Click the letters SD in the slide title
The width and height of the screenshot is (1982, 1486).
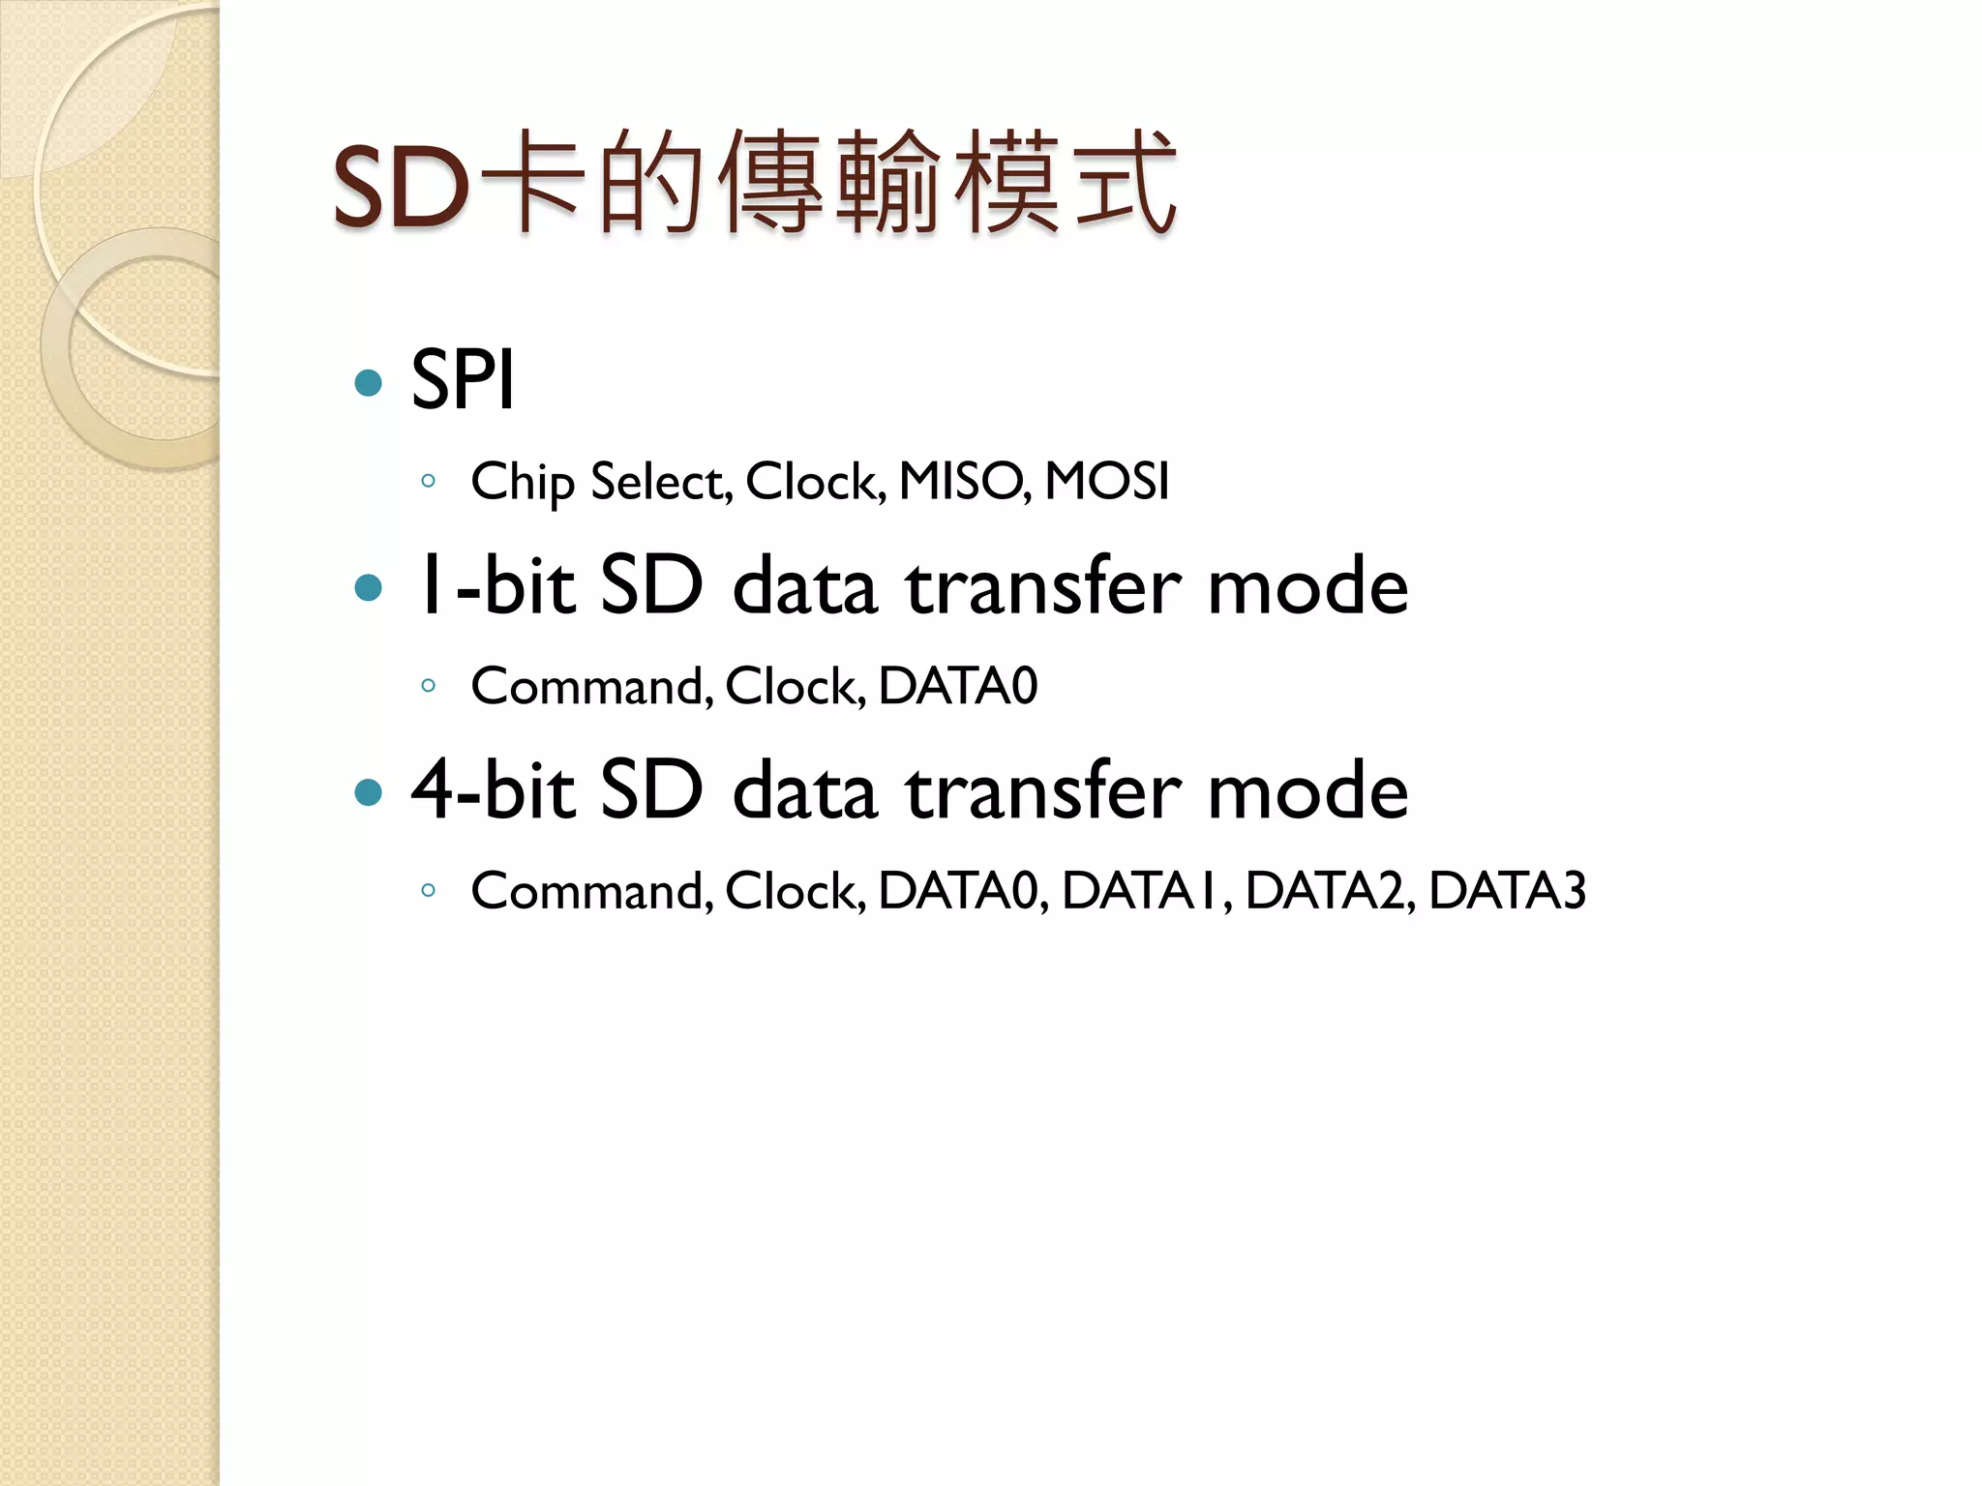click(x=401, y=188)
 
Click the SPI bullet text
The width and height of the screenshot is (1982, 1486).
click(x=463, y=380)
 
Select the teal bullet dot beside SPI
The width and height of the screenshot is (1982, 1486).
click(x=369, y=382)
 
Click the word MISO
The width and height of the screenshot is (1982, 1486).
click(x=964, y=481)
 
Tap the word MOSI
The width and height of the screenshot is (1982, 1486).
click(x=1107, y=481)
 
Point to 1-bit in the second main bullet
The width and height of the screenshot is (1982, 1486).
click(x=495, y=586)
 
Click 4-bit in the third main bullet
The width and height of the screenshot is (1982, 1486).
click(x=495, y=790)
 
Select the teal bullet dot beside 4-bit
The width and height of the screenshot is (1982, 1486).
click(x=369, y=793)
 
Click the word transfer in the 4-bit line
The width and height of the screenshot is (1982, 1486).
click(x=1043, y=790)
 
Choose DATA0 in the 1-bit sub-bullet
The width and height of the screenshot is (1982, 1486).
click(x=958, y=686)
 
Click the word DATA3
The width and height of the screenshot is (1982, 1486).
click(x=1507, y=890)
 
